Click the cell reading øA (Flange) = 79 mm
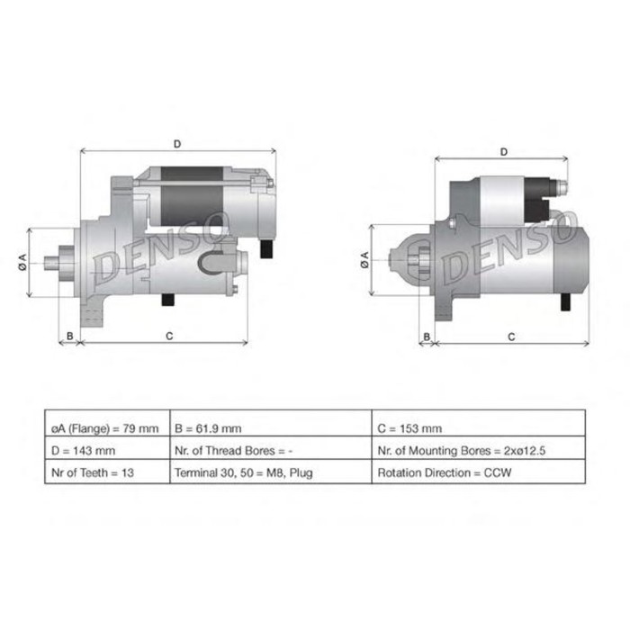point(106,428)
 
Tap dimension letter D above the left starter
point(177,144)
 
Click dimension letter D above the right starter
point(504,151)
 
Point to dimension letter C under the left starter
point(169,336)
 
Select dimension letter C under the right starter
point(510,337)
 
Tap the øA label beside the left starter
point(22,261)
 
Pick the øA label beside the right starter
point(364,260)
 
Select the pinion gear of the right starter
point(415,260)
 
